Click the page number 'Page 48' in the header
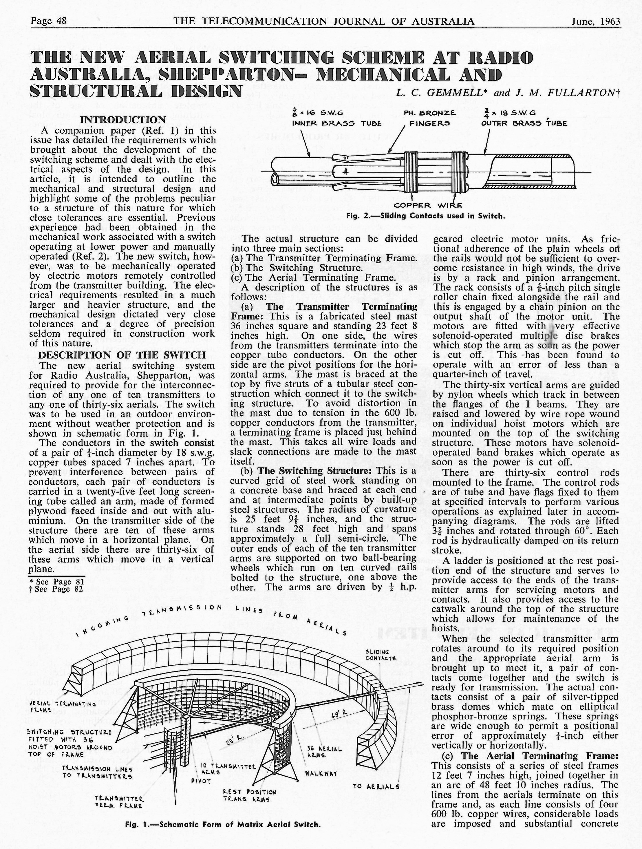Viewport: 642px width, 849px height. coord(48,21)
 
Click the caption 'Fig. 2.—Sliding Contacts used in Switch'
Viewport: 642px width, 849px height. coord(425,216)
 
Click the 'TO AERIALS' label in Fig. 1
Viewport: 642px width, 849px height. coord(376,786)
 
